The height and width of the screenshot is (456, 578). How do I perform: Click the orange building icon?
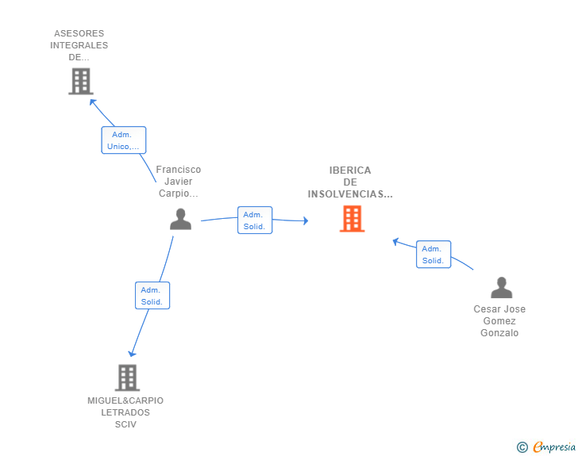pos(352,219)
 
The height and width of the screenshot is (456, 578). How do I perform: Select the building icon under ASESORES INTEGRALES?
pos(81,82)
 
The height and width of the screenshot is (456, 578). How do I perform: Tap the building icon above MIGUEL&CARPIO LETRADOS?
pos(127,377)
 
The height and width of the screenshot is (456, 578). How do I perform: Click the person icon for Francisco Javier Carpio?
pos(181,219)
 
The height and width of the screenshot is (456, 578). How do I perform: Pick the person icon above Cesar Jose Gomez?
pos(501,287)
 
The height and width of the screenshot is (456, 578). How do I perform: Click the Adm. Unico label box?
pos(124,140)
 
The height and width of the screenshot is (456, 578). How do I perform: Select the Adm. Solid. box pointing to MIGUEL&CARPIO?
pos(152,295)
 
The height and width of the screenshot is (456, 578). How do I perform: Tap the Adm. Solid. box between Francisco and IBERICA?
pos(255,220)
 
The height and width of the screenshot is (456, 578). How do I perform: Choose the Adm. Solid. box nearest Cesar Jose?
pos(433,254)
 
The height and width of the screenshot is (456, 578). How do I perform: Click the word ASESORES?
pos(79,33)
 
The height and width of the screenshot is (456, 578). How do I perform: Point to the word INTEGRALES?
pos(79,45)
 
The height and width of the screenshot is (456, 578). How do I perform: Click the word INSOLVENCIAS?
pos(350,194)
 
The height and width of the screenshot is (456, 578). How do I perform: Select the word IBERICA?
pos(350,171)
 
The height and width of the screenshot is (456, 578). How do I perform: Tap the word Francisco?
pos(179,170)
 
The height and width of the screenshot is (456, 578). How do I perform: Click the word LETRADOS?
pos(125,412)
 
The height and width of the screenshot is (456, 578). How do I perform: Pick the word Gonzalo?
pos(499,333)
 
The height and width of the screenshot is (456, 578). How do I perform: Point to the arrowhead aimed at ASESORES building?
pos(93,102)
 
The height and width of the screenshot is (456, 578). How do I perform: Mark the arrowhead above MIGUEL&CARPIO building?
pos(132,354)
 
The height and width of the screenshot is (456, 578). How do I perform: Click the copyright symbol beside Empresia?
pos(522,447)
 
